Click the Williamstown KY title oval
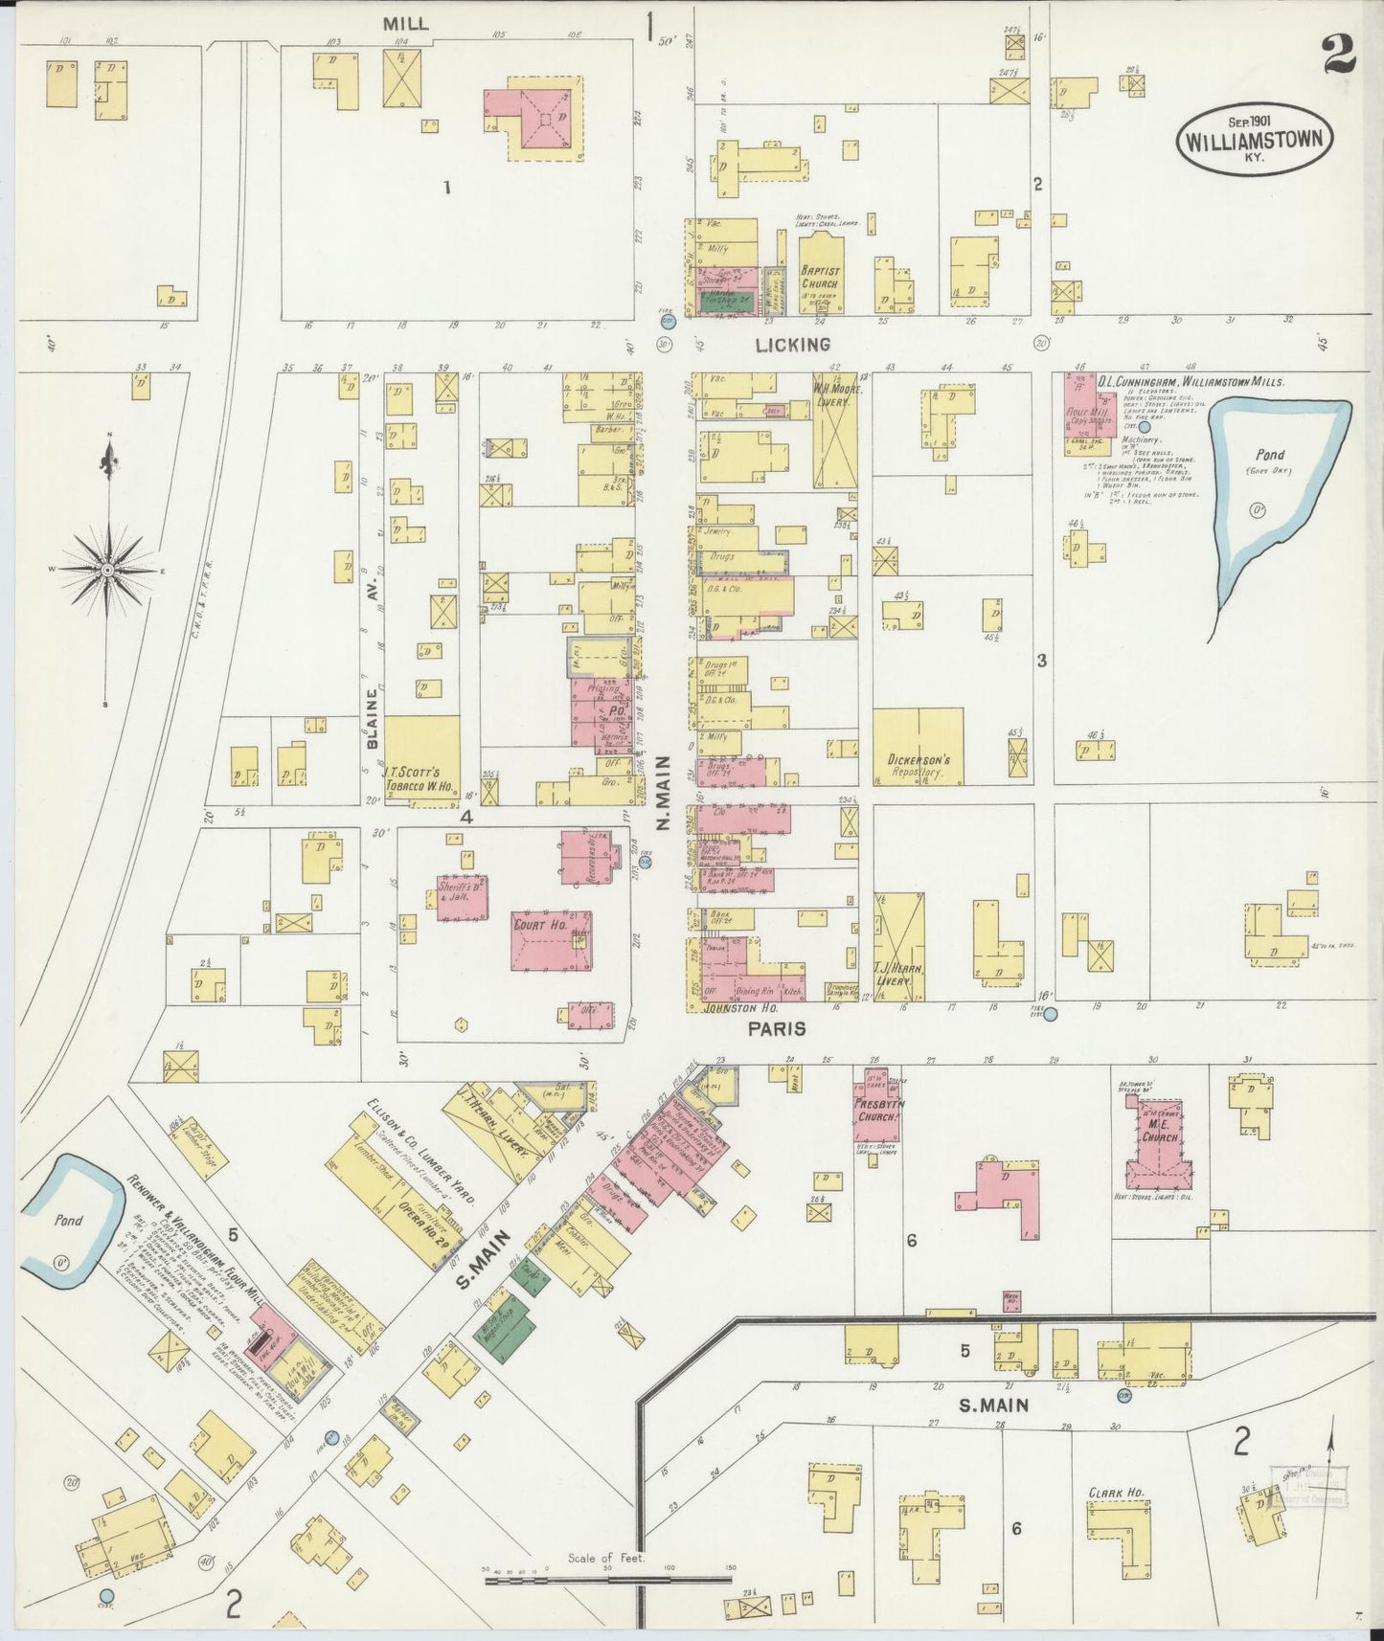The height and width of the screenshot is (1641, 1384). coord(1255,137)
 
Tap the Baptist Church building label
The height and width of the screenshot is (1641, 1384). coord(819,277)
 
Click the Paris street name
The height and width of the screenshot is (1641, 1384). coord(778,1029)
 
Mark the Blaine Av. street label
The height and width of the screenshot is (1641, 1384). coord(374,708)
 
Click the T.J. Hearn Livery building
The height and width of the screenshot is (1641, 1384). coord(898,948)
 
